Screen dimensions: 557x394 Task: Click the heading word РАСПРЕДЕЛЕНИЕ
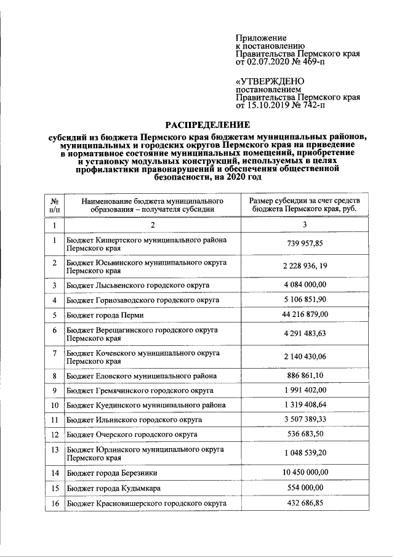click(204, 123)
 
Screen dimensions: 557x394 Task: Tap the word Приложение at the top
click(261, 38)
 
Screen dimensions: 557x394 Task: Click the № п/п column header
click(55, 205)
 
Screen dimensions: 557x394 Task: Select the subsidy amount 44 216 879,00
click(305, 315)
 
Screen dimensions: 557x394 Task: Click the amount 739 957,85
click(305, 244)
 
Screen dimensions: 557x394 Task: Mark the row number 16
click(55, 503)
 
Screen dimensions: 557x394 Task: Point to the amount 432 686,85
click(305, 503)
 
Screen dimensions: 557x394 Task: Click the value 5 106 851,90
click(305, 300)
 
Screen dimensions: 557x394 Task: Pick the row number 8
click(55, 375)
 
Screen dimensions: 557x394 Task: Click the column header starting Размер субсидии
click(305, 205)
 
